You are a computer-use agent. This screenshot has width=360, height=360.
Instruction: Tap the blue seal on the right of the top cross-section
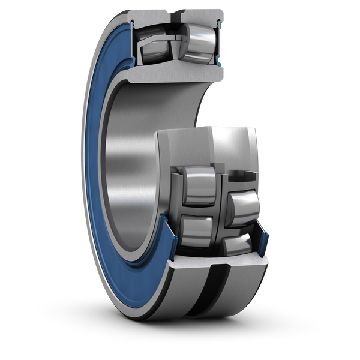pos(220,45)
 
